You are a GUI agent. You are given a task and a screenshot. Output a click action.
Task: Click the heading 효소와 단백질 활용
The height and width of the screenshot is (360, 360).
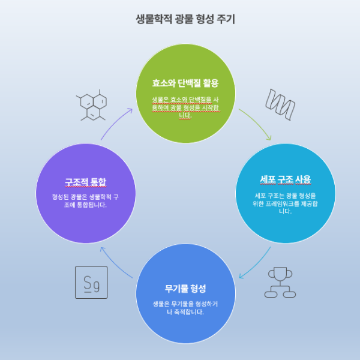pos(185,83)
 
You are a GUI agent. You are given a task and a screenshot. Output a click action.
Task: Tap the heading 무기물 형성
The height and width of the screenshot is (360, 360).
pos(185,288)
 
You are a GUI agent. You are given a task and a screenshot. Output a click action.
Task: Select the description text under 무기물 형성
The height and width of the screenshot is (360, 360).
pos(185,308)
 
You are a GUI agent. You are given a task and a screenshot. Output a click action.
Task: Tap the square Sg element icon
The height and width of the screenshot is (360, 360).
pos(91,282)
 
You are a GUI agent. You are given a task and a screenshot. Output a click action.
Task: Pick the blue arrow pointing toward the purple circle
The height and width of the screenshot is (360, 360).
pos(114,261)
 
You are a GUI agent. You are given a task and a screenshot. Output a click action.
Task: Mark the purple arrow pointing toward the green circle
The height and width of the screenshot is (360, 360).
pos(114,123)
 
